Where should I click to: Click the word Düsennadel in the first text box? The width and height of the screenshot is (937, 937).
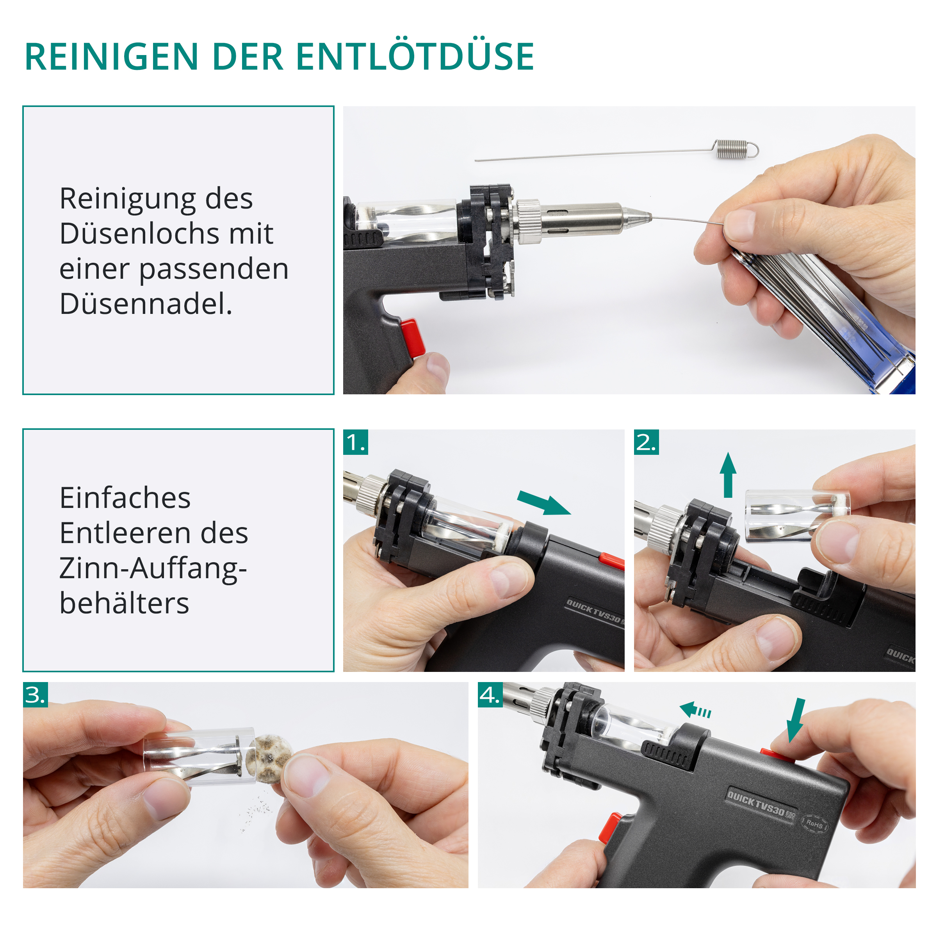click(146, 304)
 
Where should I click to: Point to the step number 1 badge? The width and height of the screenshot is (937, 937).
click(356, 442)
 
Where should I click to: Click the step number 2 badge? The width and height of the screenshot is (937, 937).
click(647, 442)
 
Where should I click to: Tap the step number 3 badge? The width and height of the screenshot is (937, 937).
click(36, 695)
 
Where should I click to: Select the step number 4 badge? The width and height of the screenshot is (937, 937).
click(490, 695)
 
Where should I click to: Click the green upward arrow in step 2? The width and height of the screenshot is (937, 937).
click(728, 475)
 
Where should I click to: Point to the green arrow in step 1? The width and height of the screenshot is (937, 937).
click(544, 502)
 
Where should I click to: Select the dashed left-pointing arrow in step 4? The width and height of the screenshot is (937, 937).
click(695, 711)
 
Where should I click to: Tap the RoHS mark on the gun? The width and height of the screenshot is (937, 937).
click(814, 823)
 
